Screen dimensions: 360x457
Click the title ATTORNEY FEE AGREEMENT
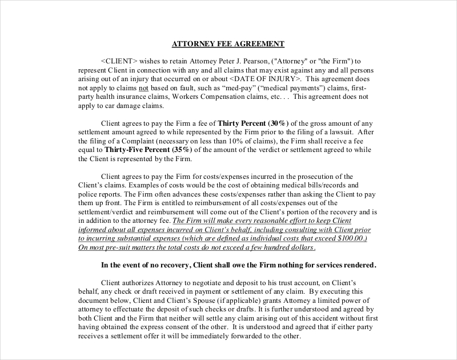[x=228, y=44]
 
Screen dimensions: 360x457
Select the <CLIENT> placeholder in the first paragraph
[x=119, y=61]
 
